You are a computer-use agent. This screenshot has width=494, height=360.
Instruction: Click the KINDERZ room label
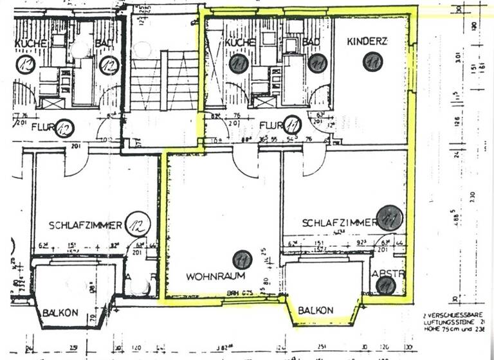click(x=367, y=41)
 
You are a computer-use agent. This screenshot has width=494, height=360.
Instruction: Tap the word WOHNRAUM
click(x=208, y=276)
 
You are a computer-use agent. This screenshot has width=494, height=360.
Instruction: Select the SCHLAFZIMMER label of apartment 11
click(x=339, y=222)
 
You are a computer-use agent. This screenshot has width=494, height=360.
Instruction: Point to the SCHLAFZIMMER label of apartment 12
click(x=86, y=225)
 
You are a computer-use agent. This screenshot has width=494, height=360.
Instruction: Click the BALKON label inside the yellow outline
click(x=315, y=310)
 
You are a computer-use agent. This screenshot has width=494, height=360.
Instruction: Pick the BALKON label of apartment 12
click(x=60, y=312)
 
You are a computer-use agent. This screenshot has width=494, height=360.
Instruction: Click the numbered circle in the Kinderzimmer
click(x=372, y=62)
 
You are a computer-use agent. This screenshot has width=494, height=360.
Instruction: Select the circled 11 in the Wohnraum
click(x=242, y=259)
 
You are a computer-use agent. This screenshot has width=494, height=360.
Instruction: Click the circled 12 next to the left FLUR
click(x=64, y=129)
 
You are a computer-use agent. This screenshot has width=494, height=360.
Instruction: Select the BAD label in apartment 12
click(x=105, y=42)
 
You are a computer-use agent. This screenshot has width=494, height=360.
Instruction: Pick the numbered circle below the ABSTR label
click(x=385, y=286)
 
